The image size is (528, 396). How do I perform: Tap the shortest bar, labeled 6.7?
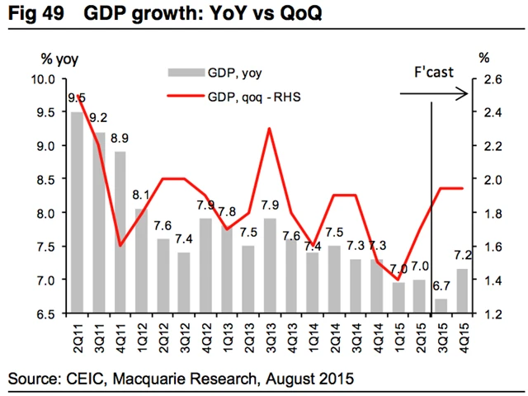(441, 306)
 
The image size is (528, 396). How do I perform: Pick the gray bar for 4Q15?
(463, 291)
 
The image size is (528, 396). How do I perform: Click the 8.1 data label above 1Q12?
(141, 196)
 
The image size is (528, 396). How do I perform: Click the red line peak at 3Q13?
(270, 129)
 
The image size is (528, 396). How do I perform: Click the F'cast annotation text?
(432, 72)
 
